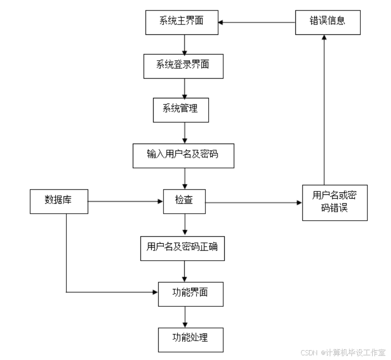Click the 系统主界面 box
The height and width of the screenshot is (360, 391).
pos(182,22)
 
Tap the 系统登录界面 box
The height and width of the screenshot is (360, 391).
pos(183,66)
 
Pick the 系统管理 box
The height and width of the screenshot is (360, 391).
pos(180,110)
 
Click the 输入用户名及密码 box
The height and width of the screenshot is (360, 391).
pos(183,155)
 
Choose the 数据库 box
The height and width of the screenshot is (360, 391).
pos(58,201)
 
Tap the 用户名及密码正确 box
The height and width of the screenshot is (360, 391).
pos(182,248)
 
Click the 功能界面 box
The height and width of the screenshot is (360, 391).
pos(190,294)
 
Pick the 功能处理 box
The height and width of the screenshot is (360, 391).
pos(190,339)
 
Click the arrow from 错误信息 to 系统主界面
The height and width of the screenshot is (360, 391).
pos(257,22)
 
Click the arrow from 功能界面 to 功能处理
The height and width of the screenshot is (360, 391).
pos(185,317)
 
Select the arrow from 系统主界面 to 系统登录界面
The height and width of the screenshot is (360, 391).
pos(184,44)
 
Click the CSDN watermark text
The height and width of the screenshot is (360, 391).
pos(342,352)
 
